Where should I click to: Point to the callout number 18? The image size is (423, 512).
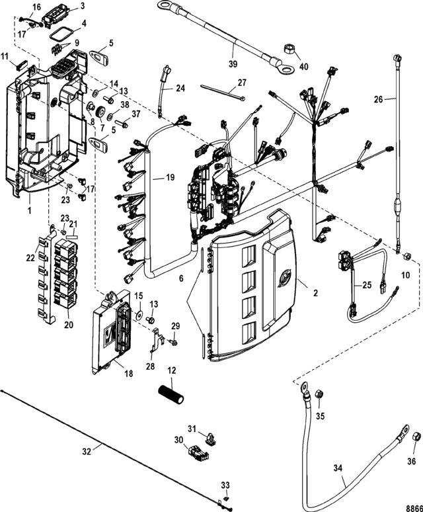(x=129, y=374)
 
